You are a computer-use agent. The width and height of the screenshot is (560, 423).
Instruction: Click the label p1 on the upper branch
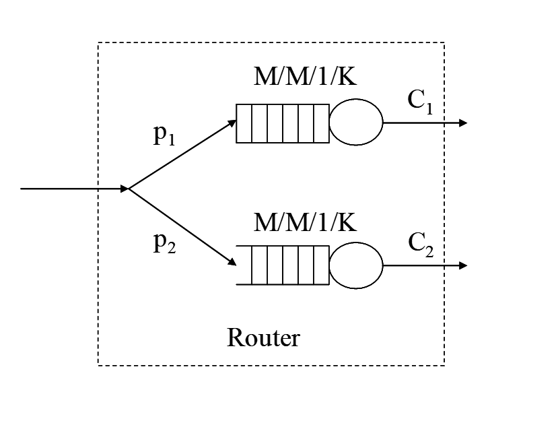165,137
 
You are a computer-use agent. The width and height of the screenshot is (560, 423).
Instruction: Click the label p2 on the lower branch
165,243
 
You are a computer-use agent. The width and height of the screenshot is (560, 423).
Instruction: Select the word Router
262,337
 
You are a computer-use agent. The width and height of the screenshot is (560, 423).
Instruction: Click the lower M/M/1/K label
304,221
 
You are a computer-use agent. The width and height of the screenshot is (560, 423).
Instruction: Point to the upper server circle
356,123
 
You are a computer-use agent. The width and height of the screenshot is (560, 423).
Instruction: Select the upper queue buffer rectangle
283,123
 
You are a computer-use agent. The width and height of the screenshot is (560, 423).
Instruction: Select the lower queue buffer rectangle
283,265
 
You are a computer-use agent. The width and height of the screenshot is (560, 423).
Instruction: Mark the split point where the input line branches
129,189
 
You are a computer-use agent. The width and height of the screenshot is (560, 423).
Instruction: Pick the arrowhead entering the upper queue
232,125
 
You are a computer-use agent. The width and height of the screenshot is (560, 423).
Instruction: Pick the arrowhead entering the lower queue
232,263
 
